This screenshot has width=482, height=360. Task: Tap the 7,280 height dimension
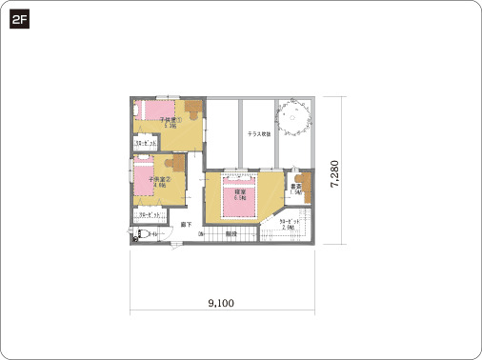tap(335, 177)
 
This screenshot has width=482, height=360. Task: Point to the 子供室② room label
tap(159, 180)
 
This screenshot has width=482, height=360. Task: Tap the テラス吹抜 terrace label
tap(258, 134)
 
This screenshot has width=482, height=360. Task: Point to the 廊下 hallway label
tap(187, 225)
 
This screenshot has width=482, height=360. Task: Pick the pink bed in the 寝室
tap(240, 200)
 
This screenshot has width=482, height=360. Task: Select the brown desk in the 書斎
tap(303, 180)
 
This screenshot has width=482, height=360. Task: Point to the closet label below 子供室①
tap(146, 143)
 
